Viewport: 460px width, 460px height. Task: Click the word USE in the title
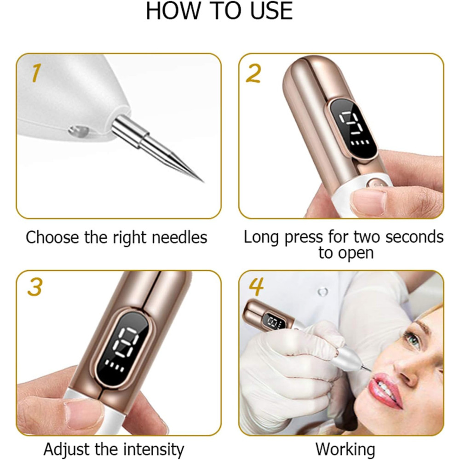tap(271, 11)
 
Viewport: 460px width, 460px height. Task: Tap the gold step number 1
tap(36, 73)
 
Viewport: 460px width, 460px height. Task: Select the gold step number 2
tap(253, 73)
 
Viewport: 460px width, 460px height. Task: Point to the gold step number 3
tap(35, 287)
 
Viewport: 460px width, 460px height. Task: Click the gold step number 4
tap(256, 287)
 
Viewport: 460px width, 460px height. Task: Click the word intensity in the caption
tap(154, 449)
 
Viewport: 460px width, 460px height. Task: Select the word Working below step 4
tap(345, 449)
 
